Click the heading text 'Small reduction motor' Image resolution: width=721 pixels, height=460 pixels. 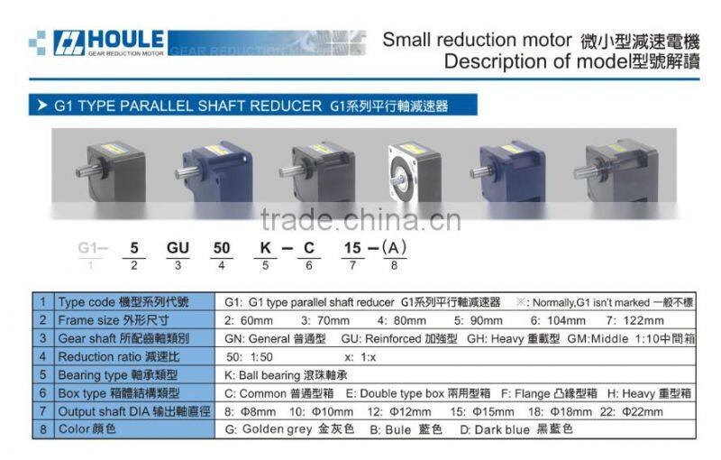click(x=477, y=41)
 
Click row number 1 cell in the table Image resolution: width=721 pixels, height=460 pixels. click(x=42, y=302)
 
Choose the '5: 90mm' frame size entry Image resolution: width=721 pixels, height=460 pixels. click(x=480, y=320)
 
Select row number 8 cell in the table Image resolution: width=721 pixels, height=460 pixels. click(x=42, y=429)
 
